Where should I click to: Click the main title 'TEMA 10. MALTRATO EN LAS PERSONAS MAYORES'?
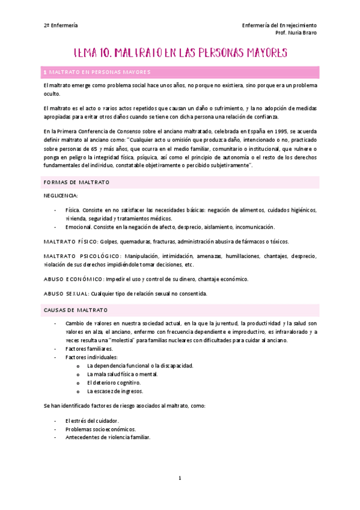[x=180, y=53]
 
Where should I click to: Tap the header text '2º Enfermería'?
[x=61, y=26]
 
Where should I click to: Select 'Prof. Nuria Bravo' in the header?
[x=296, y=34]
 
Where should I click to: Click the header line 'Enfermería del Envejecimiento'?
[x=279, y=26]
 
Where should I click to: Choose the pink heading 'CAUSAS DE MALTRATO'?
[x=75, y=310]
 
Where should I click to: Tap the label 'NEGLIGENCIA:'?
[x=61, y=196]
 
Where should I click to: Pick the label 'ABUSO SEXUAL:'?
[x=66, y=294]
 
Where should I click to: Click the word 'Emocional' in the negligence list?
[x=79, y=227]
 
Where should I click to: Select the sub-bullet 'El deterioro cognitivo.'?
[x=114, y=382]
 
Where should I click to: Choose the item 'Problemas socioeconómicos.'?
[x=100, y=429]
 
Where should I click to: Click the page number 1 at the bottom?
[x=180, y=478]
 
